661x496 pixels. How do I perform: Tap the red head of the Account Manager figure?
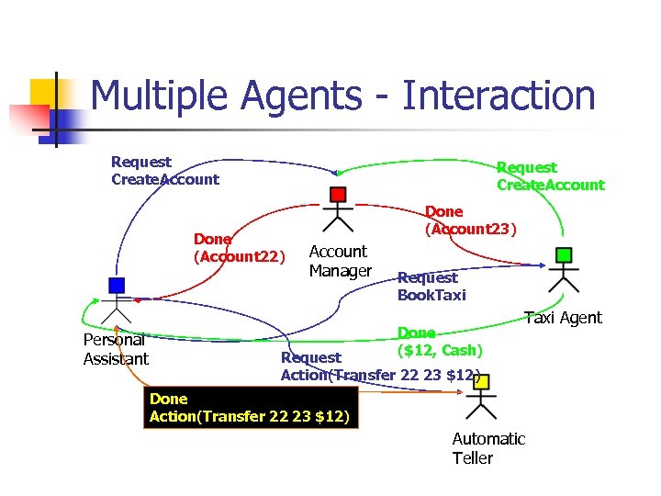pos(338,194)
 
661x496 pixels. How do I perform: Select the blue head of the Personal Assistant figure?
pos(115,284)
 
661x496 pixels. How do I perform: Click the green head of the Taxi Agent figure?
pos(564,254)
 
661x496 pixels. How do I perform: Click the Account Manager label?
pos(340,261)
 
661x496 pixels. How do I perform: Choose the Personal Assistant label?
pos(115,350)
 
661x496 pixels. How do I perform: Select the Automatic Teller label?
pos(487,448)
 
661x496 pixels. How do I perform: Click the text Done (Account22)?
pos(238,248)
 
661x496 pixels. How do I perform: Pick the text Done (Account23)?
pos(470,220)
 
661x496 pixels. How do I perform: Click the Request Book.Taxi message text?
pos(431,286)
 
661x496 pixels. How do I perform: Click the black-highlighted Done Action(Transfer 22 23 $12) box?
pos(250,409)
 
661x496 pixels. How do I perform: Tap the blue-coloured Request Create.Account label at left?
pos(164,171)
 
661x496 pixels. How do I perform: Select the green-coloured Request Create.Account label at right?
pos(549,176)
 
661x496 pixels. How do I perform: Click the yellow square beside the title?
pos(46,94)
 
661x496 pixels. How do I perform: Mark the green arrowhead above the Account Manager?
pos(339,172)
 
